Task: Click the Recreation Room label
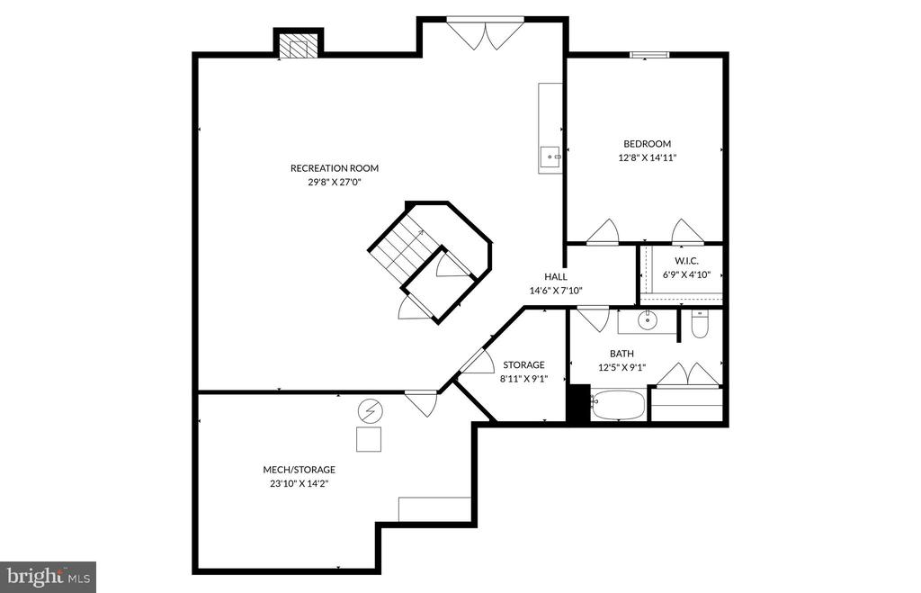(x=334, y=168)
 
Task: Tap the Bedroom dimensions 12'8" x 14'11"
(x=647, y=157)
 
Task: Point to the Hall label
(x=555, y=277)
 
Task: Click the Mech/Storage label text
(x=300, y=470)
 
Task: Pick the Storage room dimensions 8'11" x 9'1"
(x=523, y=379)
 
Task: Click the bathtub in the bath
(x=618, y=405)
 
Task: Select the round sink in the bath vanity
(x=647, y=319)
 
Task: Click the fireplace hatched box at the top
(x=298, y=46)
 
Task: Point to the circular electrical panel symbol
(x=370, y=412)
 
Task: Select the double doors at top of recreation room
(x=486, y=34)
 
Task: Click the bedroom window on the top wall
(x=649, y=55)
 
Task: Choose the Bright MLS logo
(x=49, y=577)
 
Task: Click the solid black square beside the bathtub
(x=577, y=403)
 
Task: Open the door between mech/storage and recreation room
(x=421, y=401)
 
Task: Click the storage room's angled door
(x=476, y=362)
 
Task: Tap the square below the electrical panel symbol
(x=369, y=439)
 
